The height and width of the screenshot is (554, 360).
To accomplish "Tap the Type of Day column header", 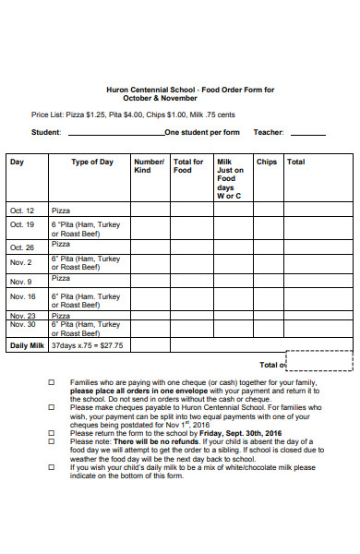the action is [92, 162].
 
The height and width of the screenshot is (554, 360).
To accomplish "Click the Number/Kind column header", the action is [149, 166].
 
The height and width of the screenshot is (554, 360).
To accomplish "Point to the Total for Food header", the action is [188, 166].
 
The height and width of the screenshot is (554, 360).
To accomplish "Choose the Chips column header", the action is [267, 162].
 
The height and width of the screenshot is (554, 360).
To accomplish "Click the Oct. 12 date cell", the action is [22, 211].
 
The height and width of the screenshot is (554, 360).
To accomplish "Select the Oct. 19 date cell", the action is [22, 224].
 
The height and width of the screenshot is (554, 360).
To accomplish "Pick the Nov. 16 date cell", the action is [22, 296].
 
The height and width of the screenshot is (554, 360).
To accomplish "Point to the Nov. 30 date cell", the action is [22, 325].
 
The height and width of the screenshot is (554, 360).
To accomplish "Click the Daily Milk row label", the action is [27, 345].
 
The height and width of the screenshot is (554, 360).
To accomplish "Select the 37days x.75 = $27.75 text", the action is [87, 345].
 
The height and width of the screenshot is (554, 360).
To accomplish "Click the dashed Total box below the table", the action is [319, 360].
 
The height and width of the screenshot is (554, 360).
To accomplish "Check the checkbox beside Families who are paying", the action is [51, 382].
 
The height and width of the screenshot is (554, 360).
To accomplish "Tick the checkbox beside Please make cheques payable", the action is [51, 407].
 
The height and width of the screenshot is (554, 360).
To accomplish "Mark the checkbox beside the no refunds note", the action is [51, 441].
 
